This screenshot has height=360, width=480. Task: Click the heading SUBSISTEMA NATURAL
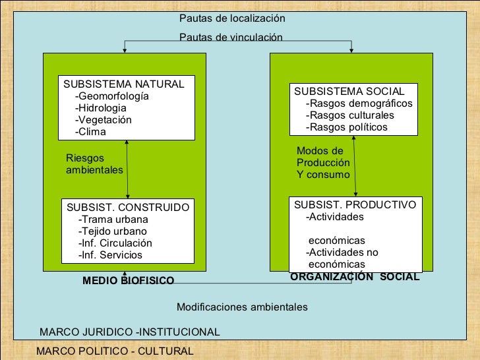pos(123,84)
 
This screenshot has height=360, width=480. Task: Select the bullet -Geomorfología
pos(112,96)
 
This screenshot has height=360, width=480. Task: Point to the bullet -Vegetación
pos(104,120)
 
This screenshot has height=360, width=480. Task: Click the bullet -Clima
pos(90,132)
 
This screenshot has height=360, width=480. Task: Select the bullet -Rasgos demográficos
pos(359,104)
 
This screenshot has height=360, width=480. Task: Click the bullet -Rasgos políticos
pos(347,127)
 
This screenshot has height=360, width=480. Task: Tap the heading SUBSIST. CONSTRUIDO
pos(128,208)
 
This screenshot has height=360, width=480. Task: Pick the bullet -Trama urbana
pos(113,220)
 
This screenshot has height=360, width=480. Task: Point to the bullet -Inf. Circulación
pos(115,243)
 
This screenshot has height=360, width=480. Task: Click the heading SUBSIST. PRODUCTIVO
pos(355,204)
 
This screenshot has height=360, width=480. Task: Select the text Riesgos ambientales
pos(95,164)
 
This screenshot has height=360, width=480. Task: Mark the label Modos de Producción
pos(323,157)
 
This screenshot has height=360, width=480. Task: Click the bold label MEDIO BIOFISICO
pos(128,282)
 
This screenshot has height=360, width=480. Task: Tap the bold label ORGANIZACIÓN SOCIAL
pos(355,278)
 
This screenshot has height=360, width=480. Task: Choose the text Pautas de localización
pos(232,19)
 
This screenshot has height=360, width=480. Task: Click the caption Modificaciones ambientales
pos(242,307)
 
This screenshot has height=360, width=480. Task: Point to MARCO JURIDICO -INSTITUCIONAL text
pos(130,331)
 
